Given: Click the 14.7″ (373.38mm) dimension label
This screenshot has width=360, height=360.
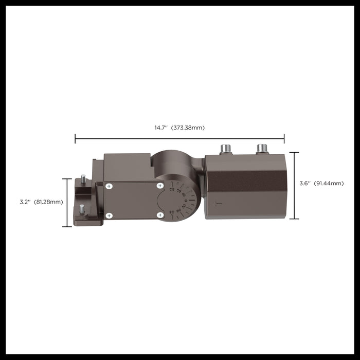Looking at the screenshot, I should [179, 128].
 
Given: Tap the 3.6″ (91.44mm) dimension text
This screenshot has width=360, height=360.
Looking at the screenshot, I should [321, 183].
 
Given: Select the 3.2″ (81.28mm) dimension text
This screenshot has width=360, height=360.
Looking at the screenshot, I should [41, 202].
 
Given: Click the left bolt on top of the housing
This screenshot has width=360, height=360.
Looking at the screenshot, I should [226, 149].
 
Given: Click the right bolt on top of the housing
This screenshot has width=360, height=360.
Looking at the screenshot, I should [262, 149].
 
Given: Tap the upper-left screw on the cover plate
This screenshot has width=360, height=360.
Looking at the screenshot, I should [109, 186].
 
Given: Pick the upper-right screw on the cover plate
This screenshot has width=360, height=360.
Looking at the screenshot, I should [160, 185].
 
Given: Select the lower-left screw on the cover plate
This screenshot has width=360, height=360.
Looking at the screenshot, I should [109, 215].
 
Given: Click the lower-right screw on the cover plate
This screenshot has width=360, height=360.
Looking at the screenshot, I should [160, 214].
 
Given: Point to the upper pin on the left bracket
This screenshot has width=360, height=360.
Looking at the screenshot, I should [83, 178].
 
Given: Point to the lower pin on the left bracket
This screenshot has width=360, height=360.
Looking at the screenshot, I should [82, 209].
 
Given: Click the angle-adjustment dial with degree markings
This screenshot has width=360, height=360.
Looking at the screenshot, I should [177, 201].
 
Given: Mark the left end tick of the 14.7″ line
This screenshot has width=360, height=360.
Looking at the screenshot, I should [75, 138].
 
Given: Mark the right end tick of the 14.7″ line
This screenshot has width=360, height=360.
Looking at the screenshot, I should [284, 138].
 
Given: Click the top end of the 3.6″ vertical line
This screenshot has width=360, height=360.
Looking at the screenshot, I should [294, 152].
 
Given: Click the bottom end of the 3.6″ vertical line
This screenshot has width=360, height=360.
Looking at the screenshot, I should [294, 219].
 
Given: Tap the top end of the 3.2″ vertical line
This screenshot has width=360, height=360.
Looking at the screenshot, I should [67, 179].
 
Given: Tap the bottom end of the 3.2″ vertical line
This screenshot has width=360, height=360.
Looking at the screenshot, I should [67, 226].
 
